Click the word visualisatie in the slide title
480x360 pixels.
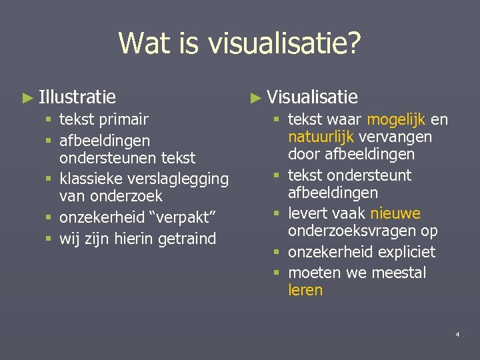click(285, 44)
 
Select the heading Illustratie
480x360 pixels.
click(77, 97)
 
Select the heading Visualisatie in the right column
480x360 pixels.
click(312, 97)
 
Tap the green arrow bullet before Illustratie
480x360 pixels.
click(27, 98)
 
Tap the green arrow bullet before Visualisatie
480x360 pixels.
click(255, 98)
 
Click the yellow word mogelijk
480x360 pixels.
click(397, 120)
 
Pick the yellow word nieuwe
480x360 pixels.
click(395, 214)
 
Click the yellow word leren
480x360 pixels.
click(305, 290)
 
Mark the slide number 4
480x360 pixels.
click(457, 333)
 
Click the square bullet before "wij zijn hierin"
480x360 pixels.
click(50, 238)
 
